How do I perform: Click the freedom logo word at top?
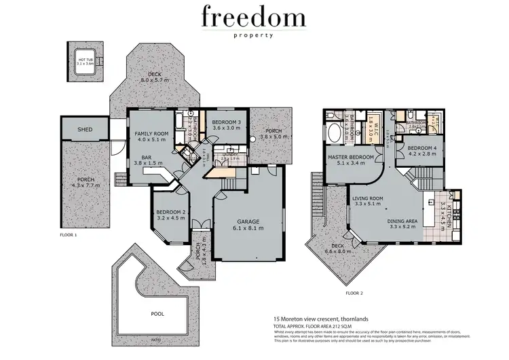pyautogui.click(x=254, y=18)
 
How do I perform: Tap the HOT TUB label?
pyautogui.click(x=86, y=60)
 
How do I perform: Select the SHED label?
pyautogui.click(x=85, y=129)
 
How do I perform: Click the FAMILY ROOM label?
pyautogui.click(x=151, y=134)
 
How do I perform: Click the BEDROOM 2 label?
pyautogui.click(x=171, y=213)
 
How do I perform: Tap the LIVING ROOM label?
pyautogui.click(x=370, y=199)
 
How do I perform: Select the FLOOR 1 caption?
pyautogui.click(x=68, y=235)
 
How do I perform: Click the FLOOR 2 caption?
pyautogui.click(x=354, y=293)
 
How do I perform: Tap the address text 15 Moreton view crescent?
pyautogui.click(x=317, y=318)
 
